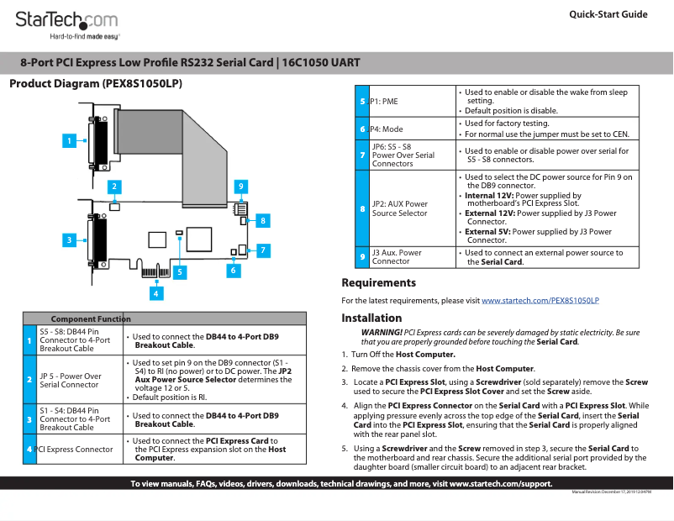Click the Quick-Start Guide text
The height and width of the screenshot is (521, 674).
(608, 14)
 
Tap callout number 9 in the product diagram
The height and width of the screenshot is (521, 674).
(240, 185)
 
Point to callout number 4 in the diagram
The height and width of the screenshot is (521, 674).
(156, 292)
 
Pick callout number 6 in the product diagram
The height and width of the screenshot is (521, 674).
(233, 271)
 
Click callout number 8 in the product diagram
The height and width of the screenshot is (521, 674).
(263, 220)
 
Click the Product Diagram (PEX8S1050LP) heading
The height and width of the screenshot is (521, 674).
(95, 84)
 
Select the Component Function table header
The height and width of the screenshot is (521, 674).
(91, 318)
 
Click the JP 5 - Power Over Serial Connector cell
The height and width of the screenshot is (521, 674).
(71, 380)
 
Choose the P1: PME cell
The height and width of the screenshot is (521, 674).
(384, 101)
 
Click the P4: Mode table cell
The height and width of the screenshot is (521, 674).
(387, 129)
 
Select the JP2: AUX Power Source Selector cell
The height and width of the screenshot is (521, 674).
(400, 208)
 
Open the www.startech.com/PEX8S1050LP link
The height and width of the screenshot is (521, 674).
(540, 300)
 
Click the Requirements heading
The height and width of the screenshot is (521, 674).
(378, 283)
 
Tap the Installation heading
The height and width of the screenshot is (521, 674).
(371, 318)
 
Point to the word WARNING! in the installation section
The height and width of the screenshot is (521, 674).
(382, 333)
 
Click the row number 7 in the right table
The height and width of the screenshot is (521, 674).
(361, 155)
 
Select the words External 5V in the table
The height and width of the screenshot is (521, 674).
(487, 231)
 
